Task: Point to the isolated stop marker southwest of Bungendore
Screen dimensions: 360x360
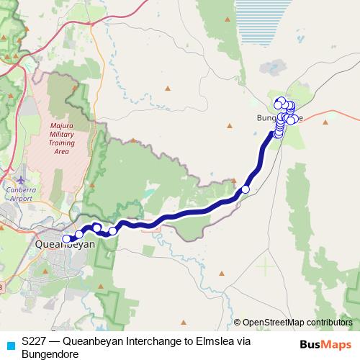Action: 245,189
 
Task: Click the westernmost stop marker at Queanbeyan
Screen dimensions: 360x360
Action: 67,239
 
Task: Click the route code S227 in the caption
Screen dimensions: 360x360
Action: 35,341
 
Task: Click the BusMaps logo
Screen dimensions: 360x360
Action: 326,345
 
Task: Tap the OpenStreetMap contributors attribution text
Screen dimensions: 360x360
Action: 297,323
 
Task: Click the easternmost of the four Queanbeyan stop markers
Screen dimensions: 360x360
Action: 112,231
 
